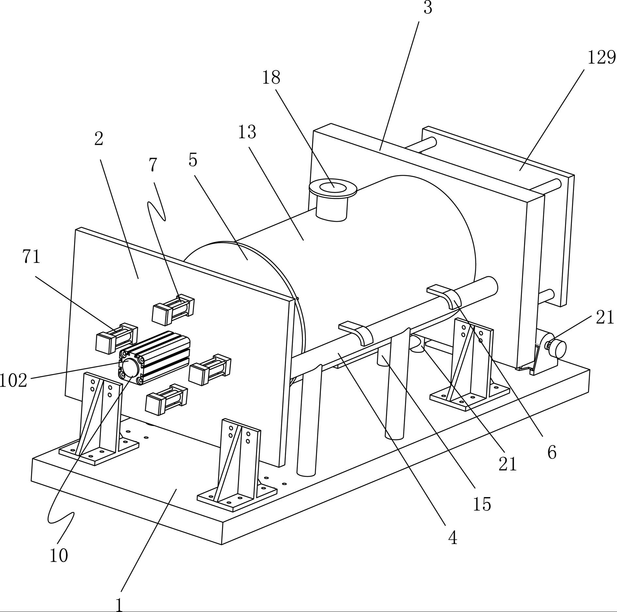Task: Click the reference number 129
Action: tap(601, 57)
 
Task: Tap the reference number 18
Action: tap(271, 78)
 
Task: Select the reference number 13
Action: tap(247, 132)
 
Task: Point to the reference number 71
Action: tap(31, 257)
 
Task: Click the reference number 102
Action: tap(13, 381)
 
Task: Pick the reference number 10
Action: tap(59, 556)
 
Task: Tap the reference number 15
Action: tap(482, 504)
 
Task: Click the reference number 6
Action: tap(551, 453)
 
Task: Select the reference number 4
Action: tap(452, 538)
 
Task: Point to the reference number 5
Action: tap(193, 160)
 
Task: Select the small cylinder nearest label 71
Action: tap(116, 338)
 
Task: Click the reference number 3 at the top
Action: tap(428, 8)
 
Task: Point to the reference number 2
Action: tap(99, 139)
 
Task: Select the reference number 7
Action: tap(153, 165)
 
